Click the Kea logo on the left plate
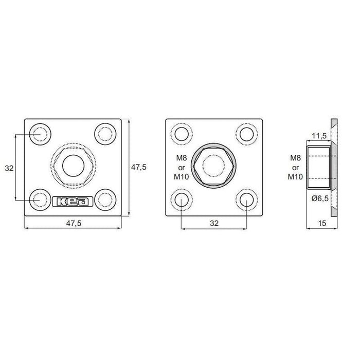[x=73, y=202]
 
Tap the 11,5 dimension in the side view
[x=319, y=136]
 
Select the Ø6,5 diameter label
[x=320, y=198]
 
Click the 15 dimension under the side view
[x=322, y=223]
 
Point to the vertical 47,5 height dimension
[x=139, y=167]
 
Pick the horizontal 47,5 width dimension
[x=74, y=223]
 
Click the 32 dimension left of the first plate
[x=9, y=168]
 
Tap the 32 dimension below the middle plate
[x=214, y=223]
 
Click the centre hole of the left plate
[x=73, y=166]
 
